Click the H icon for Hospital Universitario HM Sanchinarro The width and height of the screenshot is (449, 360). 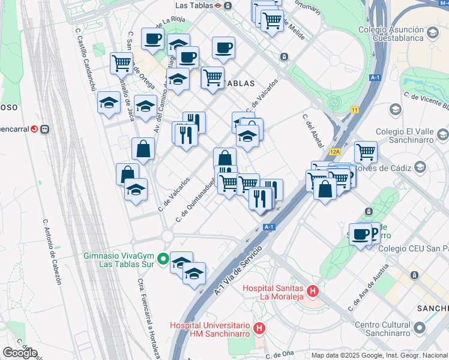(x=259, y=328)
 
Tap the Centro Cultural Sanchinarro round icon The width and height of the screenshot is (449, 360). (x=419, y=328)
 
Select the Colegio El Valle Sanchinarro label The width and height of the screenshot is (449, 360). (x=411, y=136)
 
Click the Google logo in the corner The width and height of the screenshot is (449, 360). (x=20, y=353)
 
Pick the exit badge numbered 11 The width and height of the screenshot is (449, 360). (x=355, y=110)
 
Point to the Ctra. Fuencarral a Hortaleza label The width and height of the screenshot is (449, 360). (x=148, y=317)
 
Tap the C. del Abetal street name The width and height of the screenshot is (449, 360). (x=313, y=130)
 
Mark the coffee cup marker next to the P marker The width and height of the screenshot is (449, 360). (x=360, y=234)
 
